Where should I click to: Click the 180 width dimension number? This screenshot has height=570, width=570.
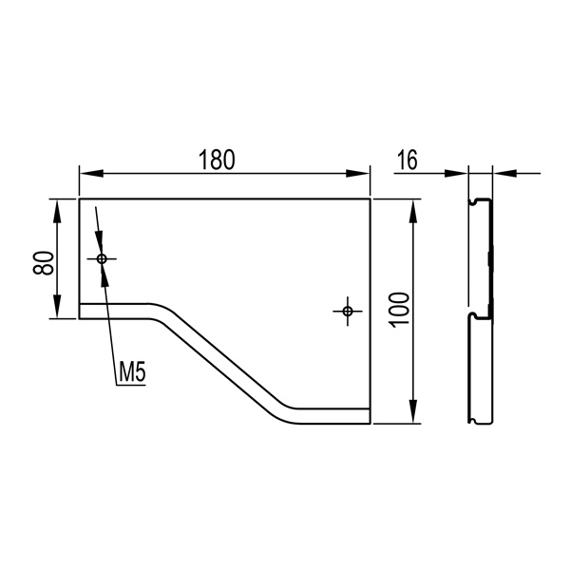217,160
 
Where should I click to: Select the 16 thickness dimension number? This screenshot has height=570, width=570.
408,160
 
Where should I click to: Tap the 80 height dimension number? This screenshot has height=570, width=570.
44,262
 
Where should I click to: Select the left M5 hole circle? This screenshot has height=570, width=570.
102,258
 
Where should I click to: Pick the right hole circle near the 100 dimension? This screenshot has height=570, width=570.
348,311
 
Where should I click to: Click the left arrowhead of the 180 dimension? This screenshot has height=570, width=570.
91,174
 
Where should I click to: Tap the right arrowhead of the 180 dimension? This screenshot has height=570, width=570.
358,174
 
